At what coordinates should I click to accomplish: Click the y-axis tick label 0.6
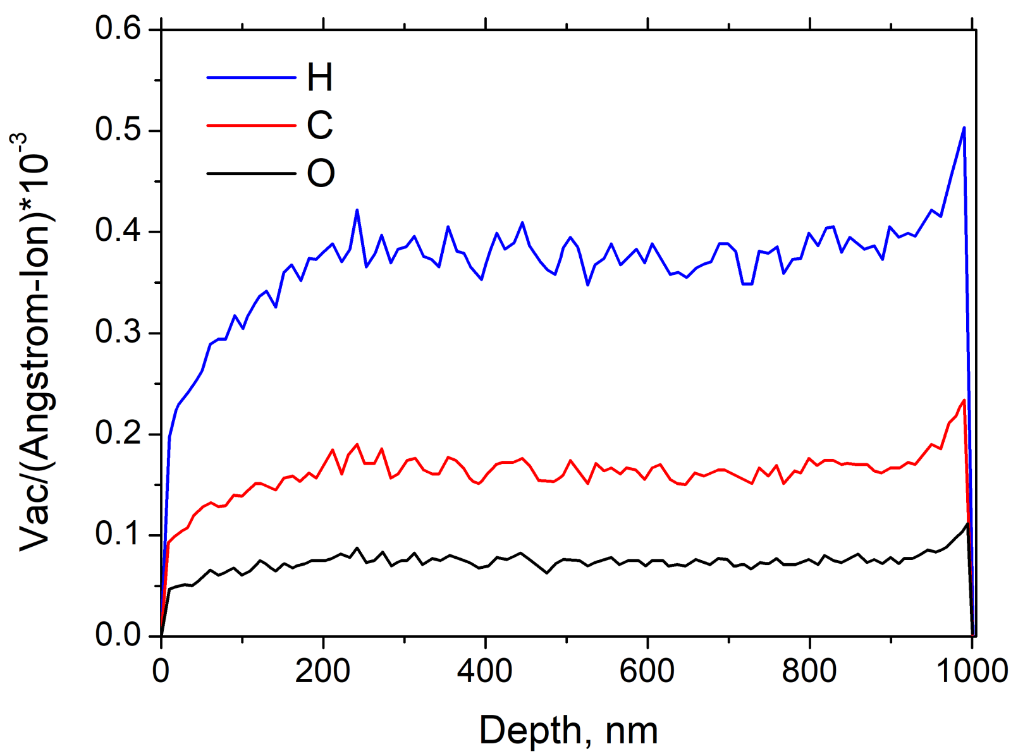[118, 29]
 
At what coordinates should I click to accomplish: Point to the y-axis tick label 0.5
[118, 130]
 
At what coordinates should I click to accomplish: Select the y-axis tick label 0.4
[118, 231]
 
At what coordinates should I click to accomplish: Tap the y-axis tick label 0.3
[118, 332]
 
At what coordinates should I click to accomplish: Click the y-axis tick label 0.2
[118, 434]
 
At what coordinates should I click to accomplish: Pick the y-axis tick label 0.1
[118, 535]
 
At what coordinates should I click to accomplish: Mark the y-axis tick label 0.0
[118, 635]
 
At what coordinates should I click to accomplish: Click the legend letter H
[319, 77]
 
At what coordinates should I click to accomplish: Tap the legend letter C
[319, 125]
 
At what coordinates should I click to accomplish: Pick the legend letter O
[321, 173]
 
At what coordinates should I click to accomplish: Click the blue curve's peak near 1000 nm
[964, 128]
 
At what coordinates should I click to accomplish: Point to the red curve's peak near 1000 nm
[964, 400]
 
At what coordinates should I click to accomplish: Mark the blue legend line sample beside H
[251, 77]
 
